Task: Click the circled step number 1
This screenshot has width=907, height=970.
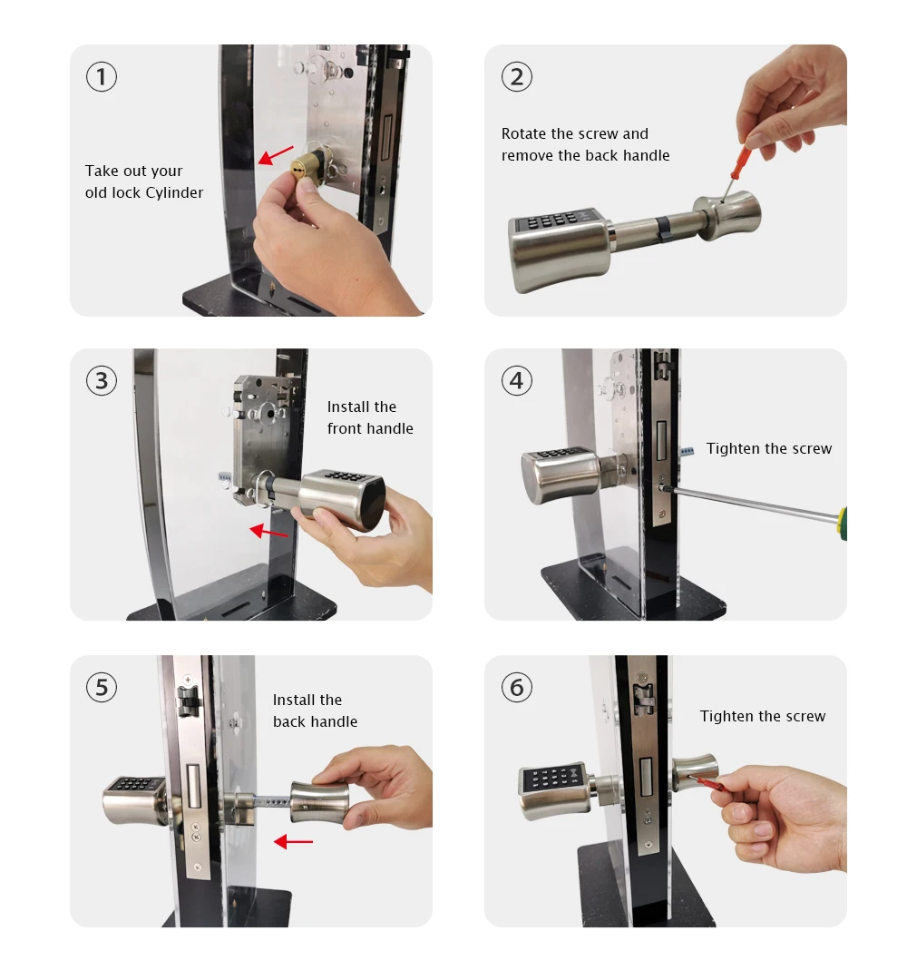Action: (102, 77)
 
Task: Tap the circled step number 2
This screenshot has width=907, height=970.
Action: (517, 77)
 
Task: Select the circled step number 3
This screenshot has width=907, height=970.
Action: (102, 380)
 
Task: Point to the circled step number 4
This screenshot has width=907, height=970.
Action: (517, 380)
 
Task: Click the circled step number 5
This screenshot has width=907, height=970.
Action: (102, 687)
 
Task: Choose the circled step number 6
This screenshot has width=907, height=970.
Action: (517, 687)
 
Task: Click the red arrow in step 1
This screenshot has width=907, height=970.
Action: (276, 154)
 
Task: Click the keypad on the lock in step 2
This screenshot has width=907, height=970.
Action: (554, 220)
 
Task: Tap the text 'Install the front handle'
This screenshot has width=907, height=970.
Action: (370, 417)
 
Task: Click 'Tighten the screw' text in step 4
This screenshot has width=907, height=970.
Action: (768, 448)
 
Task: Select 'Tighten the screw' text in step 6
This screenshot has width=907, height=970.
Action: (762, 716)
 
